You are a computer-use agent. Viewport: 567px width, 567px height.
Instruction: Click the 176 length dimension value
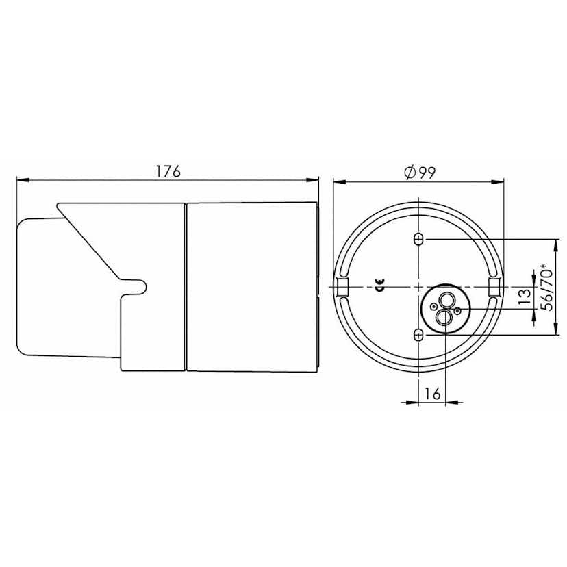[167, 171]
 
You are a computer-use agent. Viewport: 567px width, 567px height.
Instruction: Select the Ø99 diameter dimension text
[420, 173]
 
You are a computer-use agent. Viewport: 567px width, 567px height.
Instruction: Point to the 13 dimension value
[525, 296]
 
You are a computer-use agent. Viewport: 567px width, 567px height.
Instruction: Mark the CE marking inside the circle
[379, 287]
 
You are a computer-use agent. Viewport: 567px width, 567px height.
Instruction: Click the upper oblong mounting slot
[419, 239]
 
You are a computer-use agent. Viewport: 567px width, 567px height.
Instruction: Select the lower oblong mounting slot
[419, 334]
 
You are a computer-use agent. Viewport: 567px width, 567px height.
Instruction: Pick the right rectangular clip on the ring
[494, 286]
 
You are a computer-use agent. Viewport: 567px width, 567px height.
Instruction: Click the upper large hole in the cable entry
[446, 301]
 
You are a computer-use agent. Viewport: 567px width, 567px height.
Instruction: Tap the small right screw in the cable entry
[457, 312]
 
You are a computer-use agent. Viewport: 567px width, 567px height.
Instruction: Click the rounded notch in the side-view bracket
[137, 286]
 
